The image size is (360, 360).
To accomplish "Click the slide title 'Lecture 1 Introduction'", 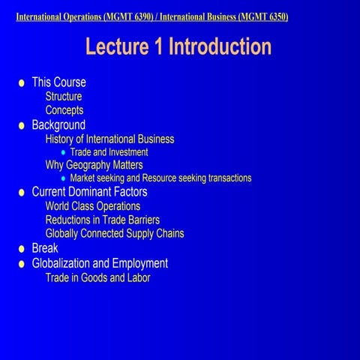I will (x=178, y=46).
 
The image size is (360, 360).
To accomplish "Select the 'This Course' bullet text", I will (x=58, y=82).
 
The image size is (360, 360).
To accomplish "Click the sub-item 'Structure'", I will (x=64, y=97).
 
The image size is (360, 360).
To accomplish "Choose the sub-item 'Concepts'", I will (x=64, y=110).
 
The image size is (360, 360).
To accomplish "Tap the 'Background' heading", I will (x=58, y=124).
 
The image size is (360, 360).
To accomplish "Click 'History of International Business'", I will (x=109, y=139).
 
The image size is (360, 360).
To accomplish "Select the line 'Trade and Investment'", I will (x=109, y=152).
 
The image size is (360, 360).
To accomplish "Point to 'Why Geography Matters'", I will (x=94, y=165).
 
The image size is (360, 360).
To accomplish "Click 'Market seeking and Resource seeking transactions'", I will (x=160, y=178).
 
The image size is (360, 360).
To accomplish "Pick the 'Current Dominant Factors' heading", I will (x=89, y=192).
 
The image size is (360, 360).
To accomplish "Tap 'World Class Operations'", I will (x=93, y=206).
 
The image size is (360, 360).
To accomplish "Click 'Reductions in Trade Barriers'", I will (x=103, y=220).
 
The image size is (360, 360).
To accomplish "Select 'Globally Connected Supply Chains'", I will (x=115, y=233).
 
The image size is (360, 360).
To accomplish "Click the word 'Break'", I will (x=44, y=248).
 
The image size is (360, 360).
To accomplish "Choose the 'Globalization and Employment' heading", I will (x=100, y=263).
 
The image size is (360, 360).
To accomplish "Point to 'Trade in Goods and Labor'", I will (x=98, y=277).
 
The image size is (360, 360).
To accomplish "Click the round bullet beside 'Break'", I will (x=22, y=249).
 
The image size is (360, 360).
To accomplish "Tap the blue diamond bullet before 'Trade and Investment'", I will (x=63, y=152).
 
